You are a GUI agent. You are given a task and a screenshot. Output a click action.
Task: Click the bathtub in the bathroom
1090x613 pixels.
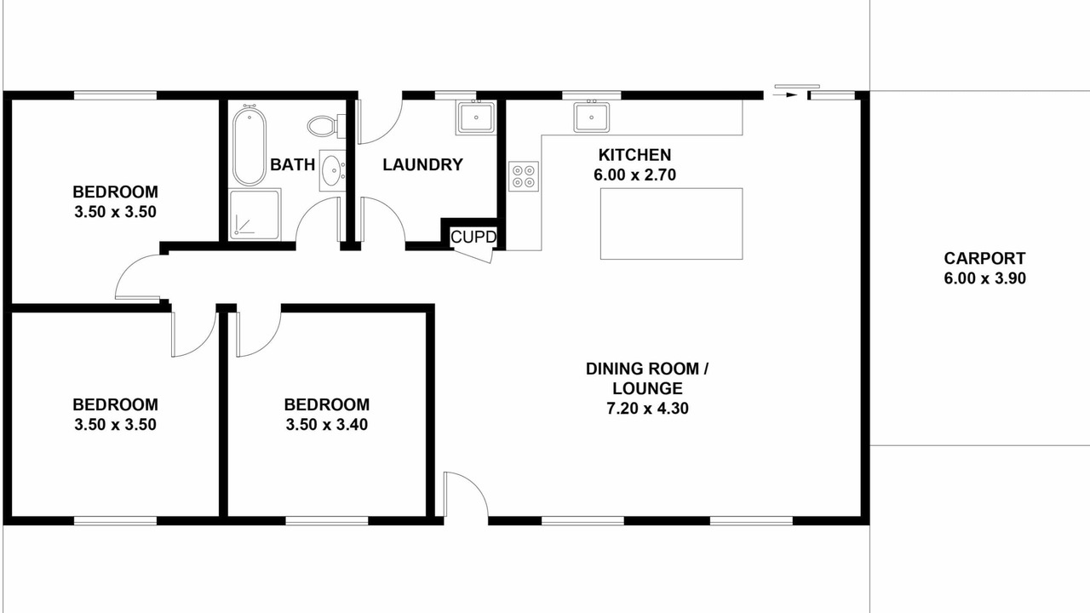pos(250,146)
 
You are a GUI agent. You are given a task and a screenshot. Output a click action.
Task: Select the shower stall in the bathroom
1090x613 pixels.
pos(255,215)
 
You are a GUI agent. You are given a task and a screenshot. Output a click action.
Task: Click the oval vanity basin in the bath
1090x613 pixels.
pos(333,170)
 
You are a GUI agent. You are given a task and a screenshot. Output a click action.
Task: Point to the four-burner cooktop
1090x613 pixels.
pos(524,176)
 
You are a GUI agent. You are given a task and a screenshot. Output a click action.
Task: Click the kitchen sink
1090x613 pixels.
pos(591,117)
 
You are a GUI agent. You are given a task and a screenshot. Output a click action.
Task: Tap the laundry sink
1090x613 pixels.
pos(476,117)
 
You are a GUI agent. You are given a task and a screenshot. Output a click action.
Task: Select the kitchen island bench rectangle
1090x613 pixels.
pos(672,224)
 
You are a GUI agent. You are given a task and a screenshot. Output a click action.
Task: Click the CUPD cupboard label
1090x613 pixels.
pos(473,237)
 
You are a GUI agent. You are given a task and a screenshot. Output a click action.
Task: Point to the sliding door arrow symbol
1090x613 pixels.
pos(785,95)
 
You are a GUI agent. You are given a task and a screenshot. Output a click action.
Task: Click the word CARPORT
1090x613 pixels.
pos(984,258)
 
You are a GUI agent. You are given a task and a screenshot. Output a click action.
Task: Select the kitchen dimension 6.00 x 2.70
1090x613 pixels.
pos(634,175)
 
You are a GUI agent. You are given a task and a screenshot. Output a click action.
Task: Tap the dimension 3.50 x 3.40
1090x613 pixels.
pos(326,425)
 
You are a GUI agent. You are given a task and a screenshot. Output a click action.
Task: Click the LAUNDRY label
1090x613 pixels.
pos(422,164)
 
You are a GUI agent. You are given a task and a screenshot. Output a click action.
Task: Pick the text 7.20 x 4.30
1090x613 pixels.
pos(647,408)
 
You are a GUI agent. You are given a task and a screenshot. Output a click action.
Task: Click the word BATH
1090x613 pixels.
pos(292,164)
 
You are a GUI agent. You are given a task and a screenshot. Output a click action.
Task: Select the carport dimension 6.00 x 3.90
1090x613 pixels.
pos(985,278)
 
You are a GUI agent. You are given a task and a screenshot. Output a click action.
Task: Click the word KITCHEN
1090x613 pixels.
pos(634,155)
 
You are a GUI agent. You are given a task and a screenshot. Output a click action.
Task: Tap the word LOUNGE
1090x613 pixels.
pos(647,388)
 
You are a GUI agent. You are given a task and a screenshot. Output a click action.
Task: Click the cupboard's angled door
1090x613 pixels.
pos(473,255)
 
